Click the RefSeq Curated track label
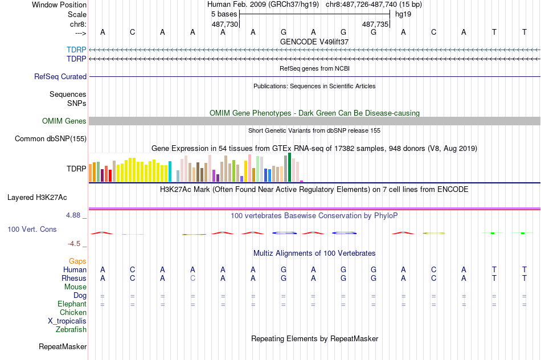[x=60, y=76]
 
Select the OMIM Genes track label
[x=64, y=121]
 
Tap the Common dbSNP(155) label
[x=51, y=138]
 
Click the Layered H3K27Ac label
[x=37, y=198]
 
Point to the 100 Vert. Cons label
[x=32, y=229]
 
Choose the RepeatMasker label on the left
[x=63, y=346]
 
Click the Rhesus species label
[x=73, y=278]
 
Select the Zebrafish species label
[x=71, y=329]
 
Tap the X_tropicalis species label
[x=67, y=321]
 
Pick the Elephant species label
[x=72, y=304]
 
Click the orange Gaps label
[x=77, y=261]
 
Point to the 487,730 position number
[x=224, y=24]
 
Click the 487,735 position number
[x=375, y=24]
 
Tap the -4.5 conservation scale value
[x=76, y=244]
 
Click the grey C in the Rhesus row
[x=193, y=278]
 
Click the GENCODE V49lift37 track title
[x=314, y=42]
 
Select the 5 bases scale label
[x=224, y=14]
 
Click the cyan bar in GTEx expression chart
[x=170, y=172]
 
